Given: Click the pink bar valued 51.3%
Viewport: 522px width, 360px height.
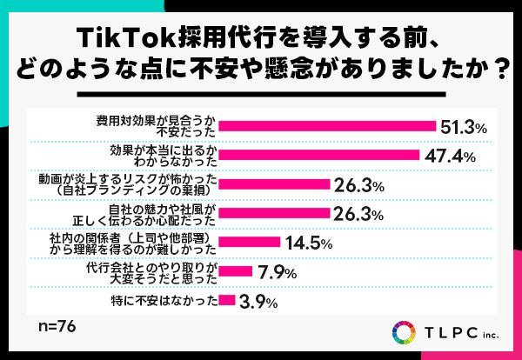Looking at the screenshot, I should coord(326,126).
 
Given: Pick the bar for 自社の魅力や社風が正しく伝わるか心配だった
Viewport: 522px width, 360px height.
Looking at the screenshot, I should coord(274,213).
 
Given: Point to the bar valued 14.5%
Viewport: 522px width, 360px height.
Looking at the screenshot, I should coord(248,243).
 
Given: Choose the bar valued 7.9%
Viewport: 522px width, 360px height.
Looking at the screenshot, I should coord(234,272).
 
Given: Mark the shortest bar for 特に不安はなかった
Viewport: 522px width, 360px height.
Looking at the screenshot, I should coord(226,301).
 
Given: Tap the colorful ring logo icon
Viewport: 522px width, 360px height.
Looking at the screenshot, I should coord(405,333).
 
